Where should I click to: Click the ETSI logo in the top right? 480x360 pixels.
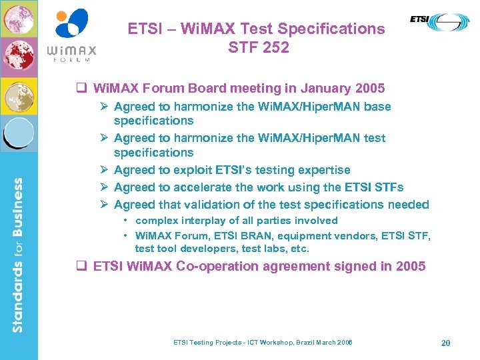[x=439, y=21]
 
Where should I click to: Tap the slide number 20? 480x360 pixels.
[x=445, y=343]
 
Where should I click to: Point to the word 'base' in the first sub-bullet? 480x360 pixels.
[x=377, y=106]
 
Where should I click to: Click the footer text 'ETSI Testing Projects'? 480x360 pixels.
[x=205, y=343]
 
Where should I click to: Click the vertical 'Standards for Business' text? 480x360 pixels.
[x=18, y=254]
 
